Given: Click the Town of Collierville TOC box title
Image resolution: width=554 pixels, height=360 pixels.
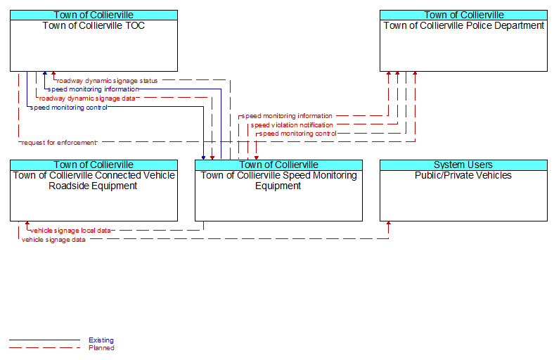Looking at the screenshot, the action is (x=94, y=25).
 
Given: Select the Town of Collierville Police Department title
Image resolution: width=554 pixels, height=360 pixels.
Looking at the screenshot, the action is (x=463, y=25).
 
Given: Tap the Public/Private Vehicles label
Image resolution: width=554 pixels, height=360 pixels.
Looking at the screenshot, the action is (x=463, y=175).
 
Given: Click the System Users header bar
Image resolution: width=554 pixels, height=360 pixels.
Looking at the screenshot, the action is (x=463, y=165).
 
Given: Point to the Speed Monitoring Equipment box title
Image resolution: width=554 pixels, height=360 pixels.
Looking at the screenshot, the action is (x=279, y=181).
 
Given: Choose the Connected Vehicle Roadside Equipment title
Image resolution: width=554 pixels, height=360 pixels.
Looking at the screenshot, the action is (x=94, y=181).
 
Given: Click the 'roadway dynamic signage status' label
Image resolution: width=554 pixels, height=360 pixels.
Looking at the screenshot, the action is (x=107, y=81).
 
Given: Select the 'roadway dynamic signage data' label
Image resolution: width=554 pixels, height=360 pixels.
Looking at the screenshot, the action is (x=87, y=98).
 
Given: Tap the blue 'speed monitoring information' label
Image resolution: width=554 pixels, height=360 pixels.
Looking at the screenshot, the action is (x=94, y=89).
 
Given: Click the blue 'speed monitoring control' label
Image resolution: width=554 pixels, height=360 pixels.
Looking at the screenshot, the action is (x=68, y=108).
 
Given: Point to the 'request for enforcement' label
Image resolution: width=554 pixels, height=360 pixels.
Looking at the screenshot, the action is (x=59, y=143).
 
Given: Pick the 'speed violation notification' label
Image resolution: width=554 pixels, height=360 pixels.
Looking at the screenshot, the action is (x=292, y=125).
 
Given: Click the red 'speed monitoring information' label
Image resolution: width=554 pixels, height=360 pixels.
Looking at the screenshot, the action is (x=287, y=116).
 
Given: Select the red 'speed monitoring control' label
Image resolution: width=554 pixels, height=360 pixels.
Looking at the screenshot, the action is (x=298, y=134).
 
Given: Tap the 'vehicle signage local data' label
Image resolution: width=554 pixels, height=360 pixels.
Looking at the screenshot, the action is (x=70, y=231).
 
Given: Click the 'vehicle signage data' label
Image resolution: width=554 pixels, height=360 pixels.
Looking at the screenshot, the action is (x=53, y=240).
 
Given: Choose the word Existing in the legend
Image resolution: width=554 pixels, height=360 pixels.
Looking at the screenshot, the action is (x=101, y=340).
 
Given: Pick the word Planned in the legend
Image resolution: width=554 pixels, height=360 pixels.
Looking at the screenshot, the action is (x=101, y=348).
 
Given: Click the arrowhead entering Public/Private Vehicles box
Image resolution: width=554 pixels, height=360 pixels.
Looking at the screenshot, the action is (x=389, y=224).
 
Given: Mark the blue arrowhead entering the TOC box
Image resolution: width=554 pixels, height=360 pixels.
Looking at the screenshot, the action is (x=45, y=74).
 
